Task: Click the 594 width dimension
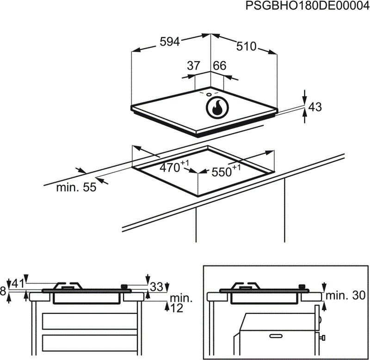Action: pyautogui.click(x=169, y=42)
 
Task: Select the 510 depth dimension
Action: pyautogui.click(x=246, y=46)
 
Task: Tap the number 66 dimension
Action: pyautogui.click(x=219, y=66)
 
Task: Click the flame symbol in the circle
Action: pyautogui.click(x=216, y=108)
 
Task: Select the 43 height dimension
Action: pyautogui.click(x=314, y=107)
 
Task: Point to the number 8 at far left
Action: pyautogui.click(x=4, y=291)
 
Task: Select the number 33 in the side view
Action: pyautogui.click(x=157, y=287)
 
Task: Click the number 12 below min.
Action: pyautogui.click(x=176, y=308)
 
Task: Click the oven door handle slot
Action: pyautogui.click(x=276, y=334)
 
